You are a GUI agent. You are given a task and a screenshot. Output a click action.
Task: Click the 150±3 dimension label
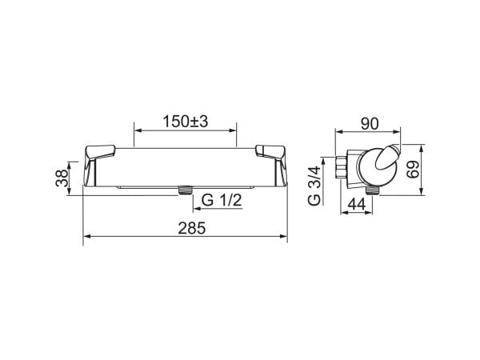(186, 122)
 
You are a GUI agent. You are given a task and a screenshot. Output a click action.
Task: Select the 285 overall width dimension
(192, 228)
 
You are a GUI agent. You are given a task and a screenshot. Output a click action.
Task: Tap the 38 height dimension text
(62, 178)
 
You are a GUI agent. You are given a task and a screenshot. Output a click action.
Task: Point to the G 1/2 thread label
(222, 201)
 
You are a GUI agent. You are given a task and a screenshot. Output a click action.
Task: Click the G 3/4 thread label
(314, 186)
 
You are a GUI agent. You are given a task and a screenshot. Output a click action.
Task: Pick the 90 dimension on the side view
(370, 124)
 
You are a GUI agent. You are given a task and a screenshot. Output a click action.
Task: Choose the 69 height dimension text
(413, 170)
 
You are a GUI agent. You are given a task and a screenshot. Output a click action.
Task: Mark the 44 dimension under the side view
(357, 204)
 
